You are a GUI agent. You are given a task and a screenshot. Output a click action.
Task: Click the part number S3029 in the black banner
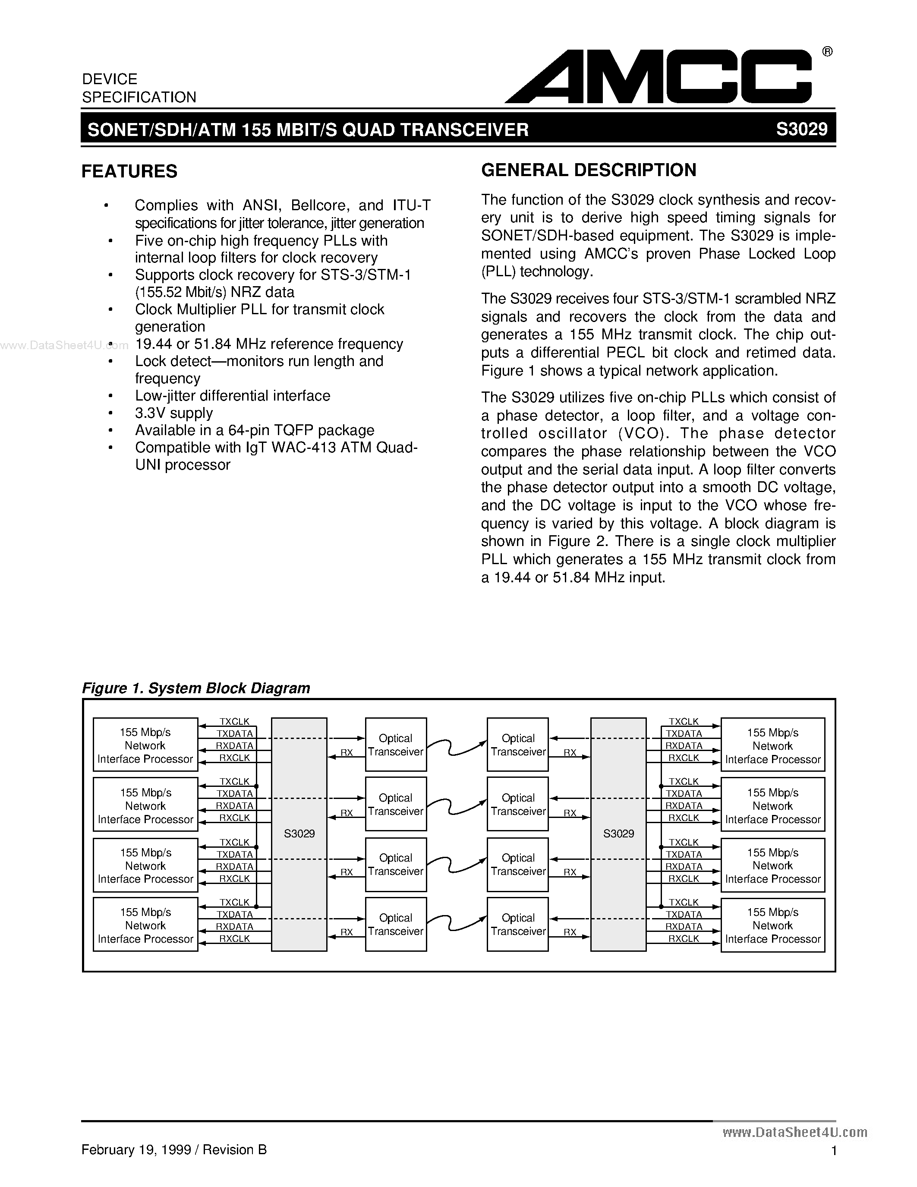[x=801, y=129]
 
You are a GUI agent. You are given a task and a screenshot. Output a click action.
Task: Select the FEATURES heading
[x=129, y=171]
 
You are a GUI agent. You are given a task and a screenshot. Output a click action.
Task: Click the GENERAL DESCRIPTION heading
[x=588, y=170]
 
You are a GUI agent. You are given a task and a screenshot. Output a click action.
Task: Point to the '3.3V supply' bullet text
[x=174, y=413]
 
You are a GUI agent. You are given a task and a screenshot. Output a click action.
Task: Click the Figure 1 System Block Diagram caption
[x=195, y=688]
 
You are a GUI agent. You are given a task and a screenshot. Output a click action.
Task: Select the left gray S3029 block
[x=299, y=834]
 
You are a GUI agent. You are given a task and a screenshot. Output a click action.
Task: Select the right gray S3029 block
[x=618, y=834]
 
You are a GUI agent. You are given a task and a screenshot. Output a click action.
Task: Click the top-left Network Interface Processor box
[x=145, y=745]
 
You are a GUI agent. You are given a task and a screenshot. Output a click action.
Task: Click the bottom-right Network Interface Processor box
[x=772, y=925]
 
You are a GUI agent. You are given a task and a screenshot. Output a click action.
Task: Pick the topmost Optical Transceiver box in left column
[x=395, y=745]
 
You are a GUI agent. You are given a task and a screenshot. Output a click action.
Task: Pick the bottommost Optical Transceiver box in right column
[x=518, y=925]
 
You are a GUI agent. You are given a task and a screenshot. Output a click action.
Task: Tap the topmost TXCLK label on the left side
[x=234, y=722]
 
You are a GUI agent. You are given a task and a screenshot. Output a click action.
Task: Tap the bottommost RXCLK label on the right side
[x=684, y=939]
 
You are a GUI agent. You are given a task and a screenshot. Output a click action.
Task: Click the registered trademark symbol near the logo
[x=827, y=52]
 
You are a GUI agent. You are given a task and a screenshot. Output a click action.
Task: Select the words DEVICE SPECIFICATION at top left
[x=139, y=88]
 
